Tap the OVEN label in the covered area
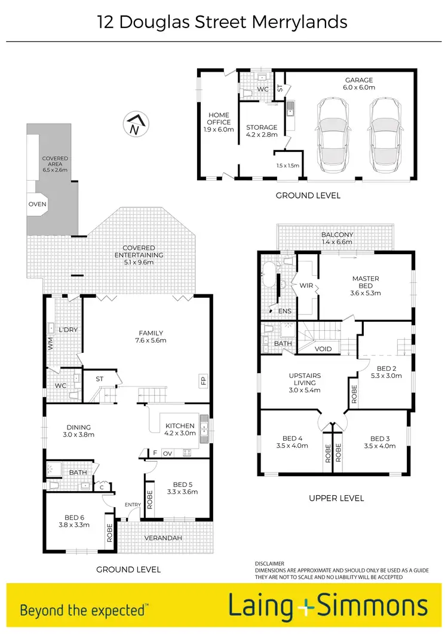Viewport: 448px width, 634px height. (x=37, y=205)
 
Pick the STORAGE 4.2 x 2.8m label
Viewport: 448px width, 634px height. (x=262, y=131)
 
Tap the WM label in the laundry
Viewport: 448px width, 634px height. (x=51, y=344)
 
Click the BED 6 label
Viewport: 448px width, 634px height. (x=76, y=521)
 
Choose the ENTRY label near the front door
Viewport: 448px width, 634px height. (x=133, y=505)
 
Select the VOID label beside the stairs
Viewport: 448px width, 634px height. (x=323, y=348)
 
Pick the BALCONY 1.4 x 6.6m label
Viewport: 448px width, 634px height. (x=337, y=239)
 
